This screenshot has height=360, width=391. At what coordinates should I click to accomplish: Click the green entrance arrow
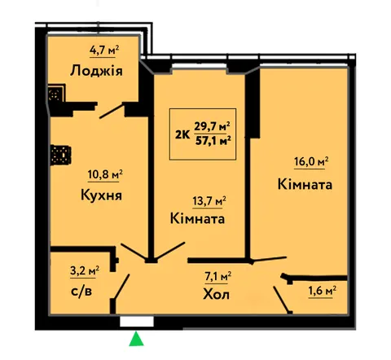[136, 339]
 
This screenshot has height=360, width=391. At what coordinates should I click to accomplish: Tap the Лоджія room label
[96, 71]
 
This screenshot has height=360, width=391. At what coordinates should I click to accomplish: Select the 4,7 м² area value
[104, 50]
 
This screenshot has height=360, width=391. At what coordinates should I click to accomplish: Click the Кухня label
[101, 195]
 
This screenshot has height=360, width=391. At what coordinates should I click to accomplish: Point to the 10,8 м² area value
[105, 174]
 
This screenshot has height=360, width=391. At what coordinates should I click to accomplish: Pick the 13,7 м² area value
[209, 201]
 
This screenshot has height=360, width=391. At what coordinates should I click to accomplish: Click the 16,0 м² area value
[311, 162]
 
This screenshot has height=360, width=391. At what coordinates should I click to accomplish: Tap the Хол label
[216, 294]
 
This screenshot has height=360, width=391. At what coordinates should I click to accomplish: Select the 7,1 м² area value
[217, 277]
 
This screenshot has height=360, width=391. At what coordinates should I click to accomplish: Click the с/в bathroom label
[81, 292]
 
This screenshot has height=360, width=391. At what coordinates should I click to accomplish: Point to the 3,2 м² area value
[85, 270]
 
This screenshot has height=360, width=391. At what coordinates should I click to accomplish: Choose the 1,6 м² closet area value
[323, 291]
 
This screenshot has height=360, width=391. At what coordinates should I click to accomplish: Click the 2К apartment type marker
[182, 134]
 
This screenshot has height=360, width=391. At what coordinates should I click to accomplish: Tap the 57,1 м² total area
[213, 141]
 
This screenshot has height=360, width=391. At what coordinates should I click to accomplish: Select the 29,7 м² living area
[212, 126]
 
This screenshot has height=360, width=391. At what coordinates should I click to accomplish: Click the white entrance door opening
[137, 322]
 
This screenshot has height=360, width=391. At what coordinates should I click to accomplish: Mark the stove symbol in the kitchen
[61, 155]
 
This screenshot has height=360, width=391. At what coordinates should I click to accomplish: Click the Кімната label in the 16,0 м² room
[305, 185]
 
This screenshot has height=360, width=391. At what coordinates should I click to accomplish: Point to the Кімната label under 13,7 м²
[197, 219]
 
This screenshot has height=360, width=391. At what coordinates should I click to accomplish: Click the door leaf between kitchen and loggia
[112, 111]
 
